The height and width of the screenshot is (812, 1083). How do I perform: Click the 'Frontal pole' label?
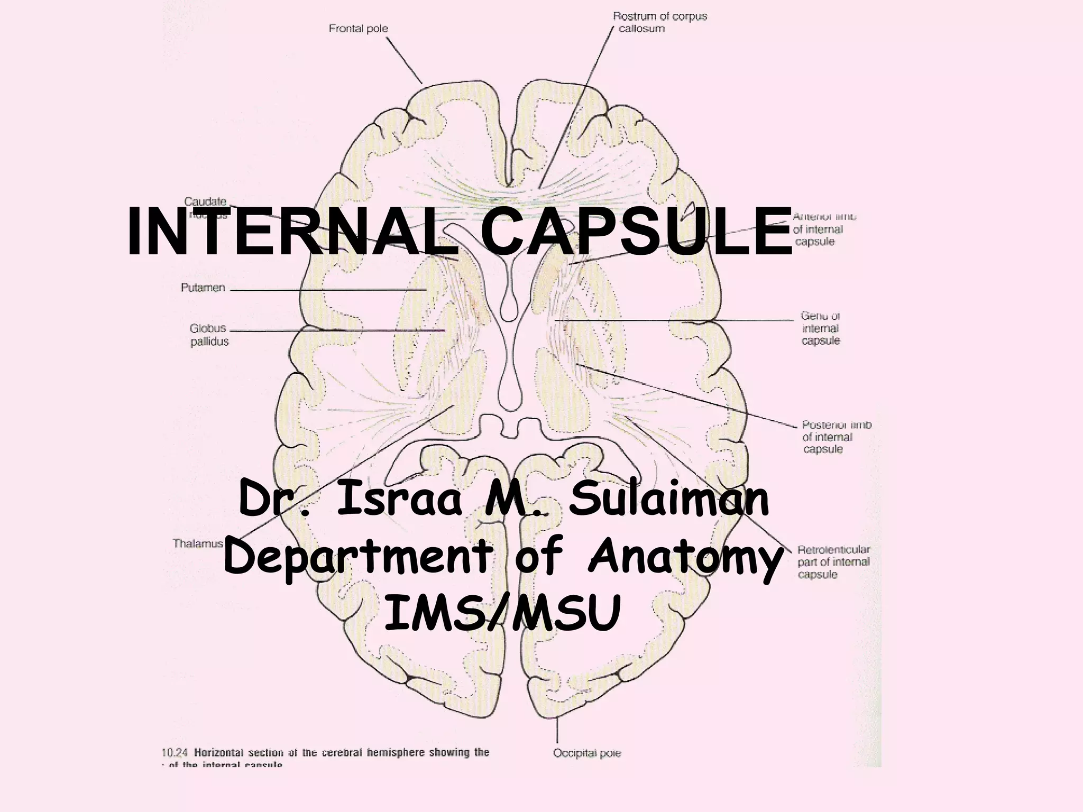(x=358, y=29)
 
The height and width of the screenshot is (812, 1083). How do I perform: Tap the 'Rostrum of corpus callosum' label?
(x=659, y=22)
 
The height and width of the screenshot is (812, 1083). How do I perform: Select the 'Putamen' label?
(x=203, y=288)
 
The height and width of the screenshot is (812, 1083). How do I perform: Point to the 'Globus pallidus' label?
(x=209, y=335)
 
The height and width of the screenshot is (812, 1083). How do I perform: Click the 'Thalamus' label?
(x=198, y=543)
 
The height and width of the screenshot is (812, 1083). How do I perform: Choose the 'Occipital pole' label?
(x=587, y=753)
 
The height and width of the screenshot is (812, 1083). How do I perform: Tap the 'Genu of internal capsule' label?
(x=820, y=328)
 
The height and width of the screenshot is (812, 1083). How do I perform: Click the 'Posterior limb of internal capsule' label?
(x=836, y=437)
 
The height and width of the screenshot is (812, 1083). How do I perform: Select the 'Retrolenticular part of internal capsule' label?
(x=833, y=562)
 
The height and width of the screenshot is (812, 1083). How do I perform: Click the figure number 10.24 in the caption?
(x=175, y=752)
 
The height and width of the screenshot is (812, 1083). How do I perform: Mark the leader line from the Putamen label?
(x=328, y=290)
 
